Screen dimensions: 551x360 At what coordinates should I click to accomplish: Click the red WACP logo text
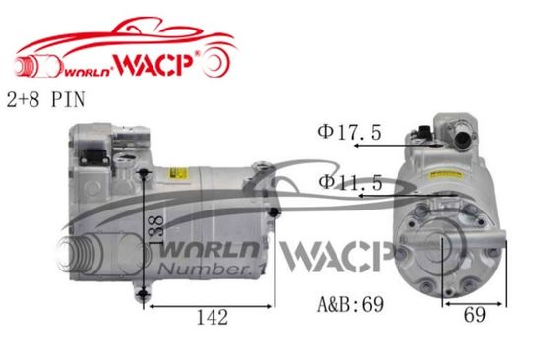click(153, 64)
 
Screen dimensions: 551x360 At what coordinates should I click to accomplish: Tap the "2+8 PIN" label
click(46, 99)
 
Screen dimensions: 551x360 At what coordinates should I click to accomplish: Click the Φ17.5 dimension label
click(349, 133)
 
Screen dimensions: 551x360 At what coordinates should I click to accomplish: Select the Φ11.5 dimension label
click(350, 183)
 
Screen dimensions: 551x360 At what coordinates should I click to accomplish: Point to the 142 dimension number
click(213, 317)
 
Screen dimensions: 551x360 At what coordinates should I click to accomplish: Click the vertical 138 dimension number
click(156, 230)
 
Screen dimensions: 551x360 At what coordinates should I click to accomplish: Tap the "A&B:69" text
click(350, 304)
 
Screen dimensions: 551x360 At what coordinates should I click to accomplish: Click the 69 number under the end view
click(475, 315)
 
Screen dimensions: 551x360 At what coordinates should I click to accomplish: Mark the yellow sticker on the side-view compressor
click(178, 173)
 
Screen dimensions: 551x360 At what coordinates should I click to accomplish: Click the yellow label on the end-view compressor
click(446, 174)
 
